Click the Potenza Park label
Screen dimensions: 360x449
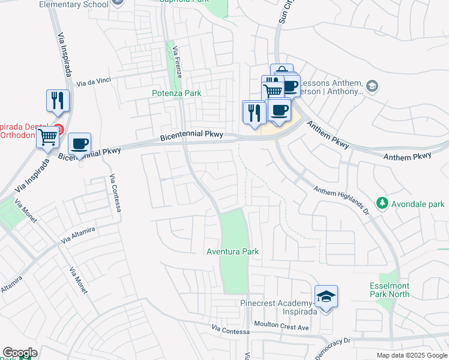click(x=176, y=93)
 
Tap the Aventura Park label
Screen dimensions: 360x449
click(x=232, y=251)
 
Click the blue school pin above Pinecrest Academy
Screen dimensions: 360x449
click(x=326, y=297)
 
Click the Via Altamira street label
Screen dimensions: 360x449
click(x=81, y=234)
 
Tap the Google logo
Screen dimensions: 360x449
click(x=20, y=353)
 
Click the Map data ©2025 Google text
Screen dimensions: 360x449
click(x=411, y=355)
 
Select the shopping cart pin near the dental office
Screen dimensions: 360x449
click(x=48, y=137)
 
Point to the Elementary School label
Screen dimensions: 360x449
click(x=74, y=4)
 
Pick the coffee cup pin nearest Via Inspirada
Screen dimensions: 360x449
click(x=79, y=144)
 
